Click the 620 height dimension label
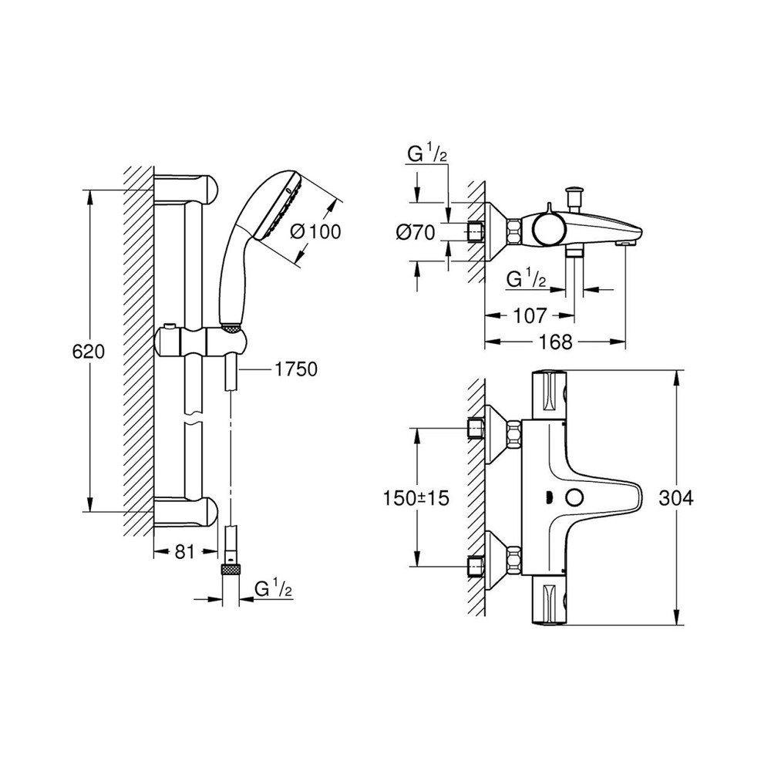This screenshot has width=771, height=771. [x=86, y=352]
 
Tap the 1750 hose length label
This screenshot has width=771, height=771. [x=296, y=370]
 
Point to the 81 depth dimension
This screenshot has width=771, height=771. [x=183, y=551]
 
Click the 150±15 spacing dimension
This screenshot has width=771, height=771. [x=416, y=498]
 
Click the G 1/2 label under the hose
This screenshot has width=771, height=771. [x=273, y=589]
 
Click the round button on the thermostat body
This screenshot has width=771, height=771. [x=573, y=498]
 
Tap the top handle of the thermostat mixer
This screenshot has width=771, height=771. [x=551, y=397]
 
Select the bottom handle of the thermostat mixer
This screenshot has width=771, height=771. [x=551, y=601]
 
